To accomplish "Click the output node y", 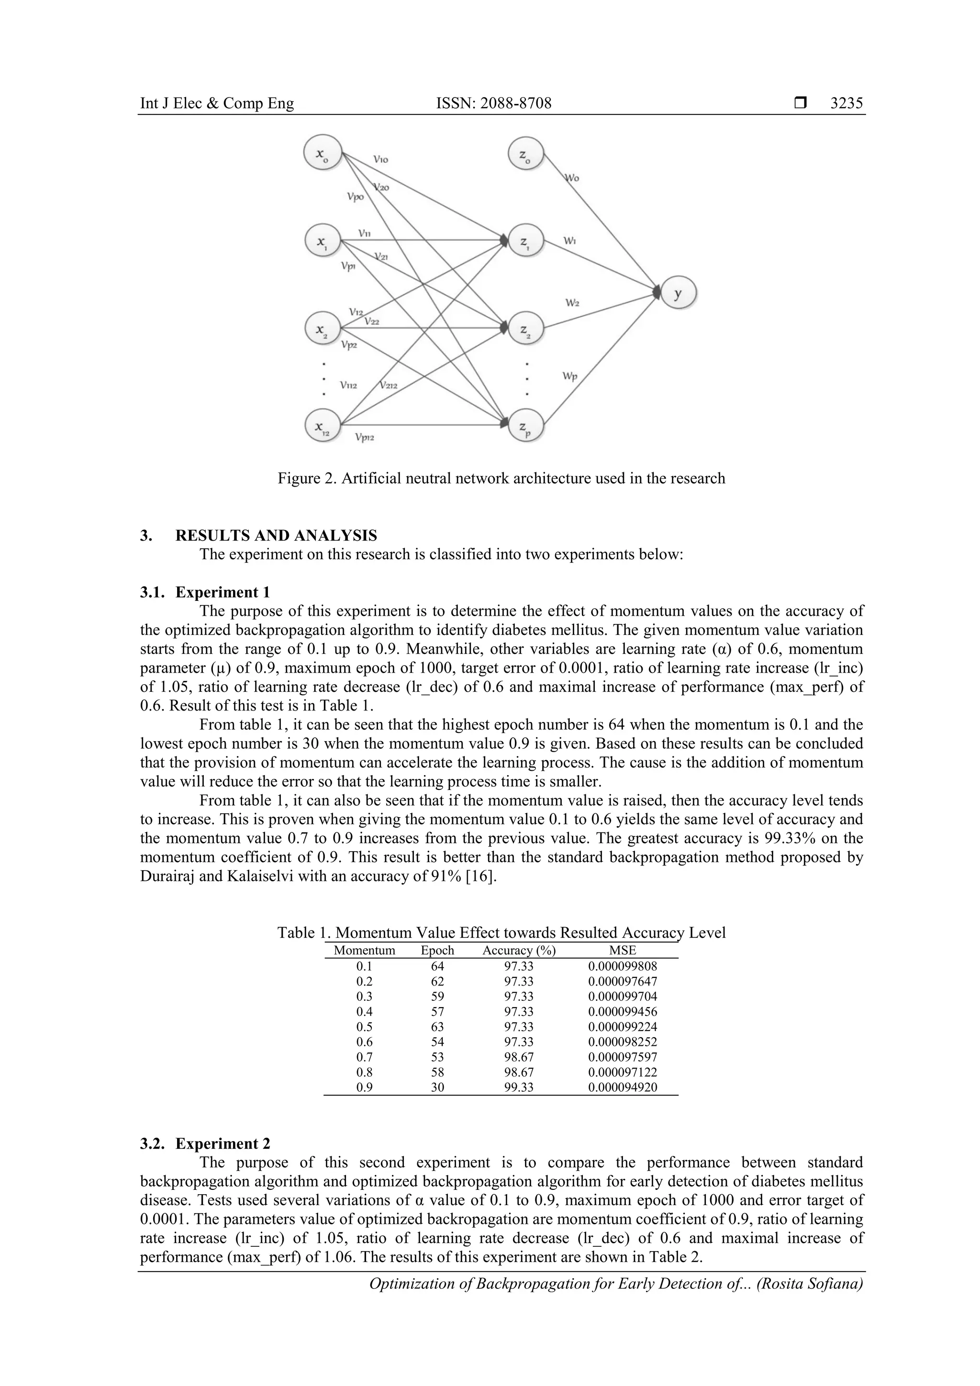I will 678,293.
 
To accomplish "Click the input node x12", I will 323,426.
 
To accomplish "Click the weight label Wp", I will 569,376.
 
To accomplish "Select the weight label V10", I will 380,160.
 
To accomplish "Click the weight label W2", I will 572,302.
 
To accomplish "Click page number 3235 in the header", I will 846,103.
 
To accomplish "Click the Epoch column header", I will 437,950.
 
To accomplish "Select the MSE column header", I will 622,950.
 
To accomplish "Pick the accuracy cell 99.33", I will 518,1087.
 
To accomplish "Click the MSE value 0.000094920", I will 622,1087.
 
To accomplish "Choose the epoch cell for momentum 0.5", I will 437,1026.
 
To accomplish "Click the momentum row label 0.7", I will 364,1057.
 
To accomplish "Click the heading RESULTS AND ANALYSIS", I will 276,535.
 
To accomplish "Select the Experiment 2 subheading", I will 223,1143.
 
